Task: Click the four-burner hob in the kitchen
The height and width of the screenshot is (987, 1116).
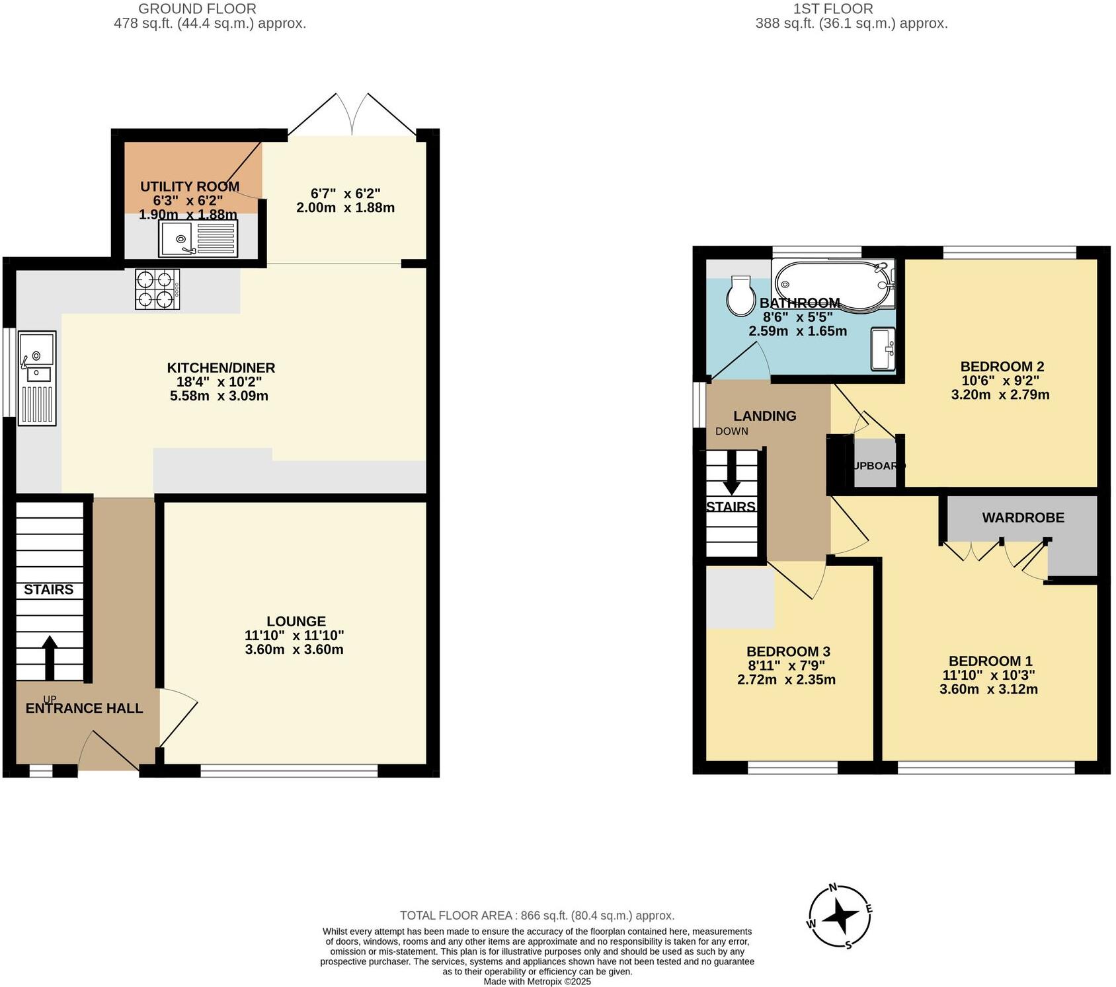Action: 157,289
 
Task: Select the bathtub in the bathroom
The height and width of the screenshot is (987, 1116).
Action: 832,284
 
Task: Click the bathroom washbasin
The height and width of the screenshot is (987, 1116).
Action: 883,348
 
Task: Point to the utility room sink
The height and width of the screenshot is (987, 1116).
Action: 198,239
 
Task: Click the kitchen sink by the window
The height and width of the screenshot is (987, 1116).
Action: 37,377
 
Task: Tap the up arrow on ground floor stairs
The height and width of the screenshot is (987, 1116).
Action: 50,657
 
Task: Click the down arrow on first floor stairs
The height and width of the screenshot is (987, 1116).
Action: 731,473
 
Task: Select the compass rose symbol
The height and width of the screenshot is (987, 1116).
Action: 840,917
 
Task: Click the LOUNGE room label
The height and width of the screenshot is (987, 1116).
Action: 296,621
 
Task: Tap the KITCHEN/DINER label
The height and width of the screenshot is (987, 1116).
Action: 221,368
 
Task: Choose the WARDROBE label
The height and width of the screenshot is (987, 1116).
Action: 1023,518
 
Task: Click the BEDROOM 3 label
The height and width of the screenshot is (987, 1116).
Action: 788,651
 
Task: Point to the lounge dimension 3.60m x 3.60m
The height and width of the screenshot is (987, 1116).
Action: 294,649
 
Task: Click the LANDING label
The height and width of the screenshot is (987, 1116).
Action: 764,416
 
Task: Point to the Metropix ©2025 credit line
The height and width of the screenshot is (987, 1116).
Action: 537,982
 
